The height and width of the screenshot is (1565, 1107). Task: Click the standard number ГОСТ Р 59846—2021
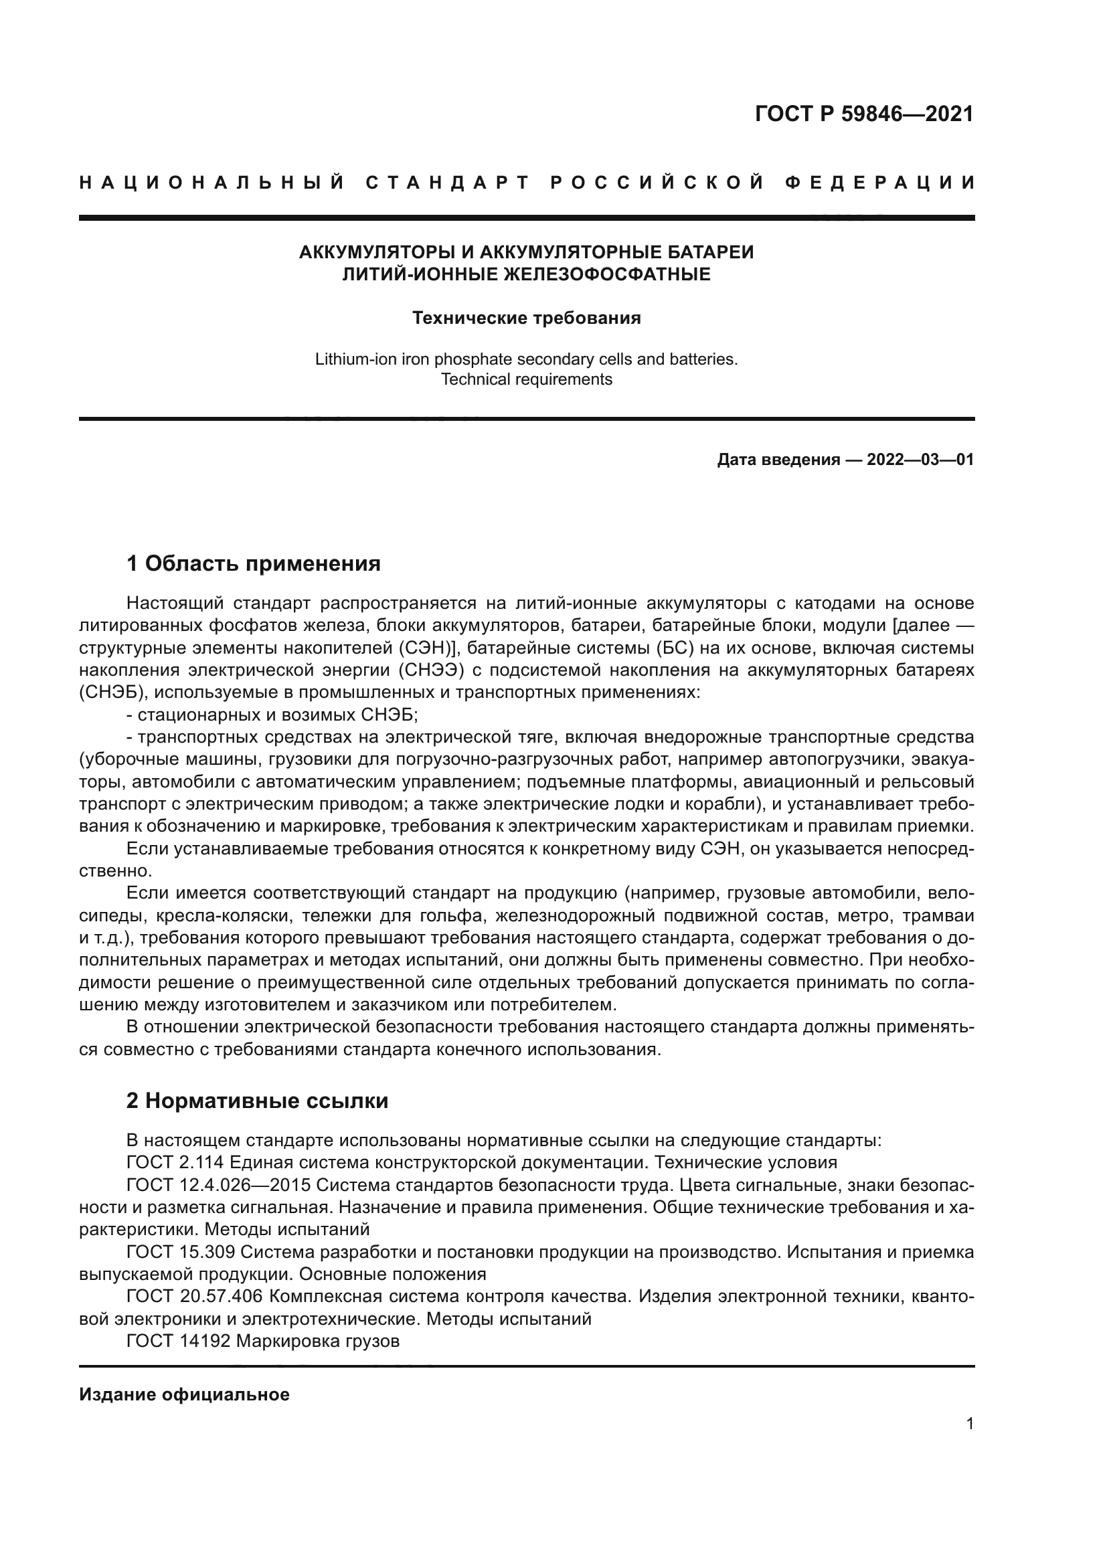tap(863, 113)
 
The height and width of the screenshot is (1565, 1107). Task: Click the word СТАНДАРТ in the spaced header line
tap(448, 183)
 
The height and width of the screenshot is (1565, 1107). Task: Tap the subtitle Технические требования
tap(526, 318)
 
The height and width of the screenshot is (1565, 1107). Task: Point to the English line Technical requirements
tap(526, 379)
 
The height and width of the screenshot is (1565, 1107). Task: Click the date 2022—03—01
tap(920, 460)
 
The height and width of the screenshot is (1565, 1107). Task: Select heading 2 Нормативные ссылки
tap(257, 1101)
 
